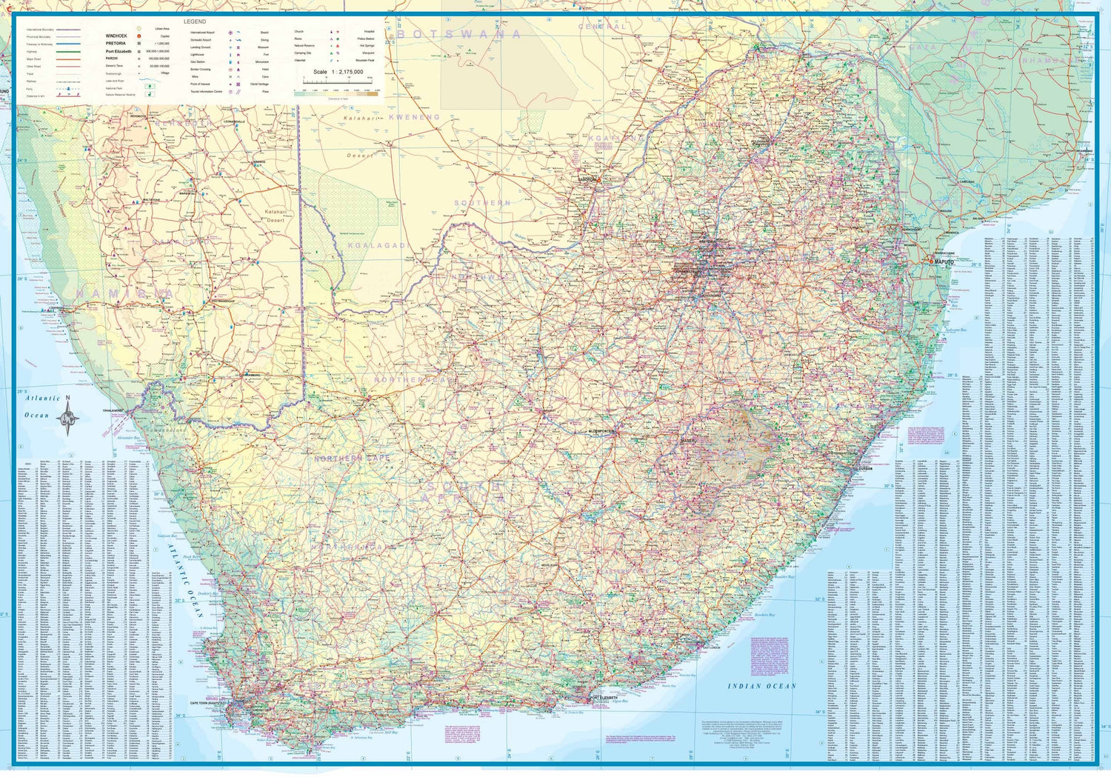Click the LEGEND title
tap(195, 21)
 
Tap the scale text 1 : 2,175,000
tap(338, 72)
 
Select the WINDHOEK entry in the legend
tap(116, 36)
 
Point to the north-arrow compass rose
tap(68, 418)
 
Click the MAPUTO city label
tap(944, 262)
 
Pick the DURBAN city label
tap(865, 468)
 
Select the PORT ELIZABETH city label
tap(604, 698)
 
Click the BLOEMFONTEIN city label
tap(601, 431)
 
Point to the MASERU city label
tap(687, 441)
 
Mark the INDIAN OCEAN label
tap(761, 687)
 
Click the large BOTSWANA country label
tap(459, 34)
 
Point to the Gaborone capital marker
tap(590, 179)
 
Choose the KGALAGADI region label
tap(377, 245)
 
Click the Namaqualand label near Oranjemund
tap(165, 430)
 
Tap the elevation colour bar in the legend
tap(336, 93)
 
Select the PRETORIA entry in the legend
tap(116, 43)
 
